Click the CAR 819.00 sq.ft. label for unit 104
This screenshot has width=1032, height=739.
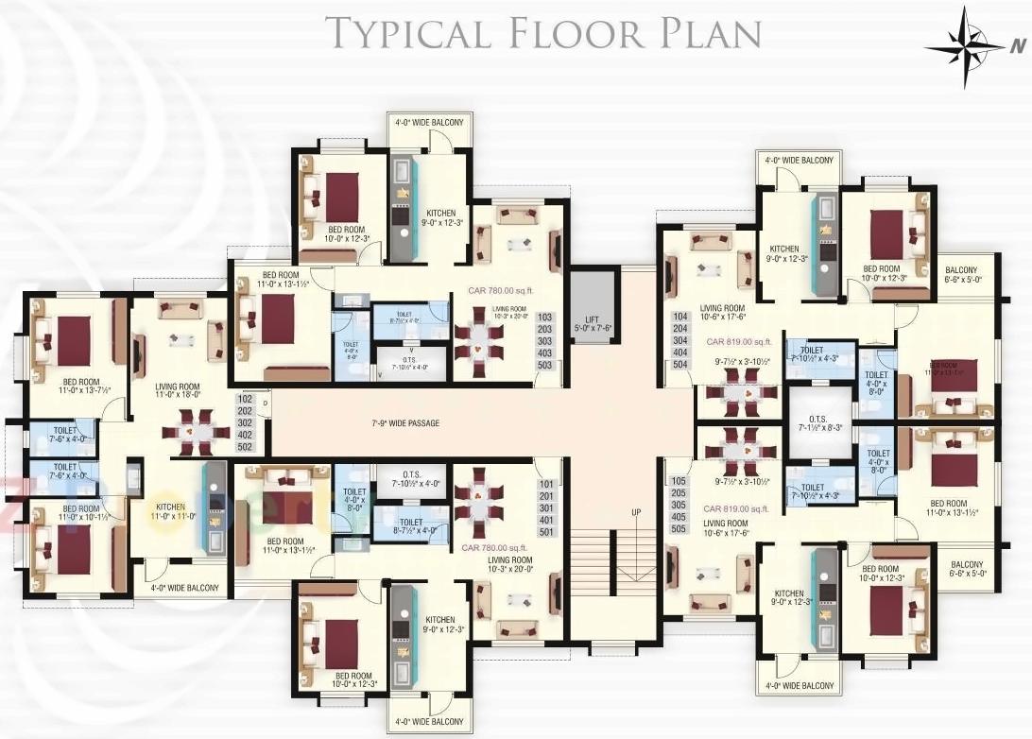[x=739, y=341]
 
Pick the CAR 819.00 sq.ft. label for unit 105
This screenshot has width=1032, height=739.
[x=738, y=507]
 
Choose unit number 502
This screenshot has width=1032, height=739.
[x=246, y=447]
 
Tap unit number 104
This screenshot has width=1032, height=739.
[x=679, y=317]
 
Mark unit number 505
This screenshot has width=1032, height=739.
[x=679, y=528]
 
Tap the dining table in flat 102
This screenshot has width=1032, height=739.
[x=197, y=433]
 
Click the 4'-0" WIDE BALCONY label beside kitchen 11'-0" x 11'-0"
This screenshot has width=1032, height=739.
[x=184, y=588]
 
